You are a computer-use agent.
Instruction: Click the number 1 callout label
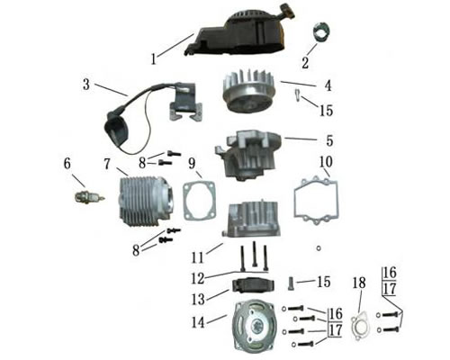pyautogui.click(x=155, y=60)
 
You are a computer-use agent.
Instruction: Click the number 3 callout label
pyautogui.click(x=86, y=86)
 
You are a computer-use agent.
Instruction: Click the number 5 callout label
pyautogui.click(x=328, y=140)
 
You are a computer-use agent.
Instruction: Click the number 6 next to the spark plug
pyautogui.click(x=67, y=164)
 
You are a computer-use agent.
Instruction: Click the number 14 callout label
pyautogui.click(x=193, y=321)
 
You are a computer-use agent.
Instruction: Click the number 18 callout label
pyautogui.click(x=359, y=283)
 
